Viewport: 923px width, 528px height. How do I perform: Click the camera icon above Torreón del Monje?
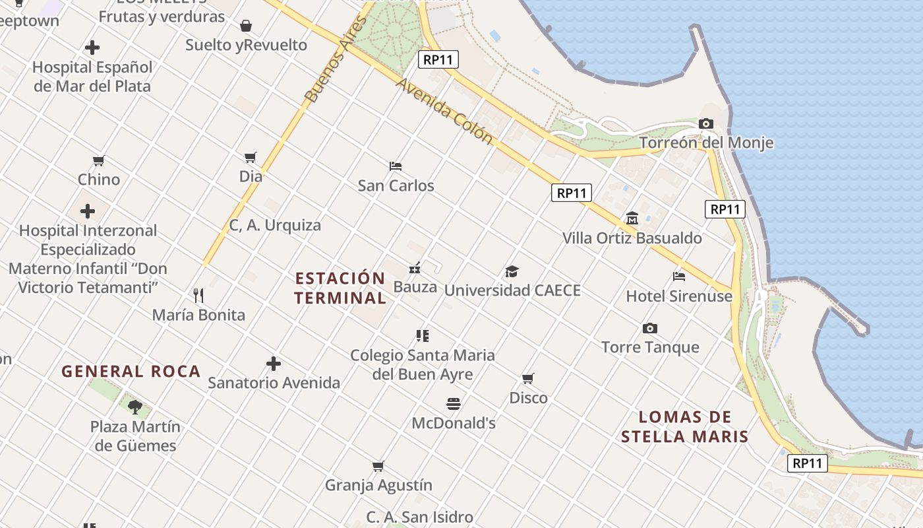[705, 124]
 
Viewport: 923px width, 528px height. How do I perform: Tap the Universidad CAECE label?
[512, 290]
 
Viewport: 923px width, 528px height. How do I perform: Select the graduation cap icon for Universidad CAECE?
[512, 271]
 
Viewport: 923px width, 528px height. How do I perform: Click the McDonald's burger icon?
[454, 403]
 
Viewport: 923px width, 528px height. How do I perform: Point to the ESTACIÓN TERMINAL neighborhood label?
[340, 288]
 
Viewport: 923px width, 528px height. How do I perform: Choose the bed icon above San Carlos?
[396, 166]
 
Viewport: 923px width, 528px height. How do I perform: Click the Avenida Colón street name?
[444, 112]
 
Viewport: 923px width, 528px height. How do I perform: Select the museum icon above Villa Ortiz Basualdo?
[632, 218]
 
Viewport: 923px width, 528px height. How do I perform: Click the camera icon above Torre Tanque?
[650, 328]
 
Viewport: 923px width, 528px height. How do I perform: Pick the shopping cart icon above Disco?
[528, 379]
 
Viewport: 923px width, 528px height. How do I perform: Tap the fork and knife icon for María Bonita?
[198, 295]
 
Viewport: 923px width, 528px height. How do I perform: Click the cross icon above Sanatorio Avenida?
[274, 364]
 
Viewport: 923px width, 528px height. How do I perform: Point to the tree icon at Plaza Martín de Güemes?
[135, 407]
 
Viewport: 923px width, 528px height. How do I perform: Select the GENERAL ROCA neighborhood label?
[131, 372]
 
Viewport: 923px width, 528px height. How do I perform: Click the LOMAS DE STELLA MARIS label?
[685, 426]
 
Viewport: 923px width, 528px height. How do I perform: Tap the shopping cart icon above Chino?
[99, 160]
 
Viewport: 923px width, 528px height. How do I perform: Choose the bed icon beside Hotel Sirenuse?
[679, 277]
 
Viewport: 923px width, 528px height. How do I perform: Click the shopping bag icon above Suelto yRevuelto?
[246, 26]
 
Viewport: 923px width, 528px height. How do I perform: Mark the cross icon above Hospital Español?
[92, 48]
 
